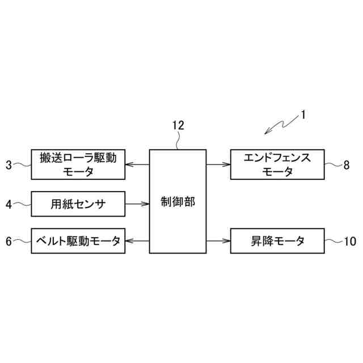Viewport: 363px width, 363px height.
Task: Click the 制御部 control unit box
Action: pyautogui.click(x=178, y=201)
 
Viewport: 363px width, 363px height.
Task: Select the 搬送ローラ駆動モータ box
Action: pyautogui.click(x=78, y=164)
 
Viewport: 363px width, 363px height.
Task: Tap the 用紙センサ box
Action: pyautogui.click(x=78, y=203)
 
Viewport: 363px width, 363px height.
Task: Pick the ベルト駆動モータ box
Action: pyautogui.click(x=78, y=241)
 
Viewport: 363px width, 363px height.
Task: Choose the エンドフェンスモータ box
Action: pyautogui.click(x=277, y=164)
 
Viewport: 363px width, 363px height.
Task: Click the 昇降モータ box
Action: pyautogui.click(x=277, y=241)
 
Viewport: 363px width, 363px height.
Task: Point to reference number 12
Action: pyautogui.click(x=178, y=126)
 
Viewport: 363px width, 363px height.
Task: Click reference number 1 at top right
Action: pyautogui.click(x=303, y=115)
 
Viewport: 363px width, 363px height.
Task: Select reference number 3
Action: pyautogui.click(x=9, y=165)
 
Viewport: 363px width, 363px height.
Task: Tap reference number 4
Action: pyautogui.click(x=9, y=204)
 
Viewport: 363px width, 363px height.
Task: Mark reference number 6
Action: pyautogui.click(x=9, y=242)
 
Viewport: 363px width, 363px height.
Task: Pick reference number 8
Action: pyautogui.click(x=347, y=165)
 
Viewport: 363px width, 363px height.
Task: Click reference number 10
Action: pyautogui.click(x=350, y=242)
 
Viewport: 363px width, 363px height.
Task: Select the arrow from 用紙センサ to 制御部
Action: pyautogui.click(x=137, y=203)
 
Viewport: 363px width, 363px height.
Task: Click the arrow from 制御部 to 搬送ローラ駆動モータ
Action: pyautogui.click(x=137, y=164)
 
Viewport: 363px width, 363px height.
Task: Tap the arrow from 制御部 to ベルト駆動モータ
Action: pyautogui.click(x=137, y=241)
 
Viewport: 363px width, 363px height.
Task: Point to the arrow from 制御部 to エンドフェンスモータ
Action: pyautogui.click(x=218, y=164)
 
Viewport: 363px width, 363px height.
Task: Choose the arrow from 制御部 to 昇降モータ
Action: pyautogui.click(x=218, y=241)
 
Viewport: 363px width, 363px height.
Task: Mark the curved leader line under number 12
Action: pyautogui.click(x=178, y=142)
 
